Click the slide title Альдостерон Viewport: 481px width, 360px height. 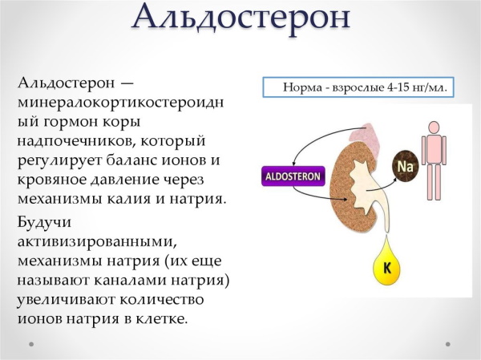point(240,18)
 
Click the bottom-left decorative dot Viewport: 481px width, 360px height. point(30,343)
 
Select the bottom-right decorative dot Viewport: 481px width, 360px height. point(448,343)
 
